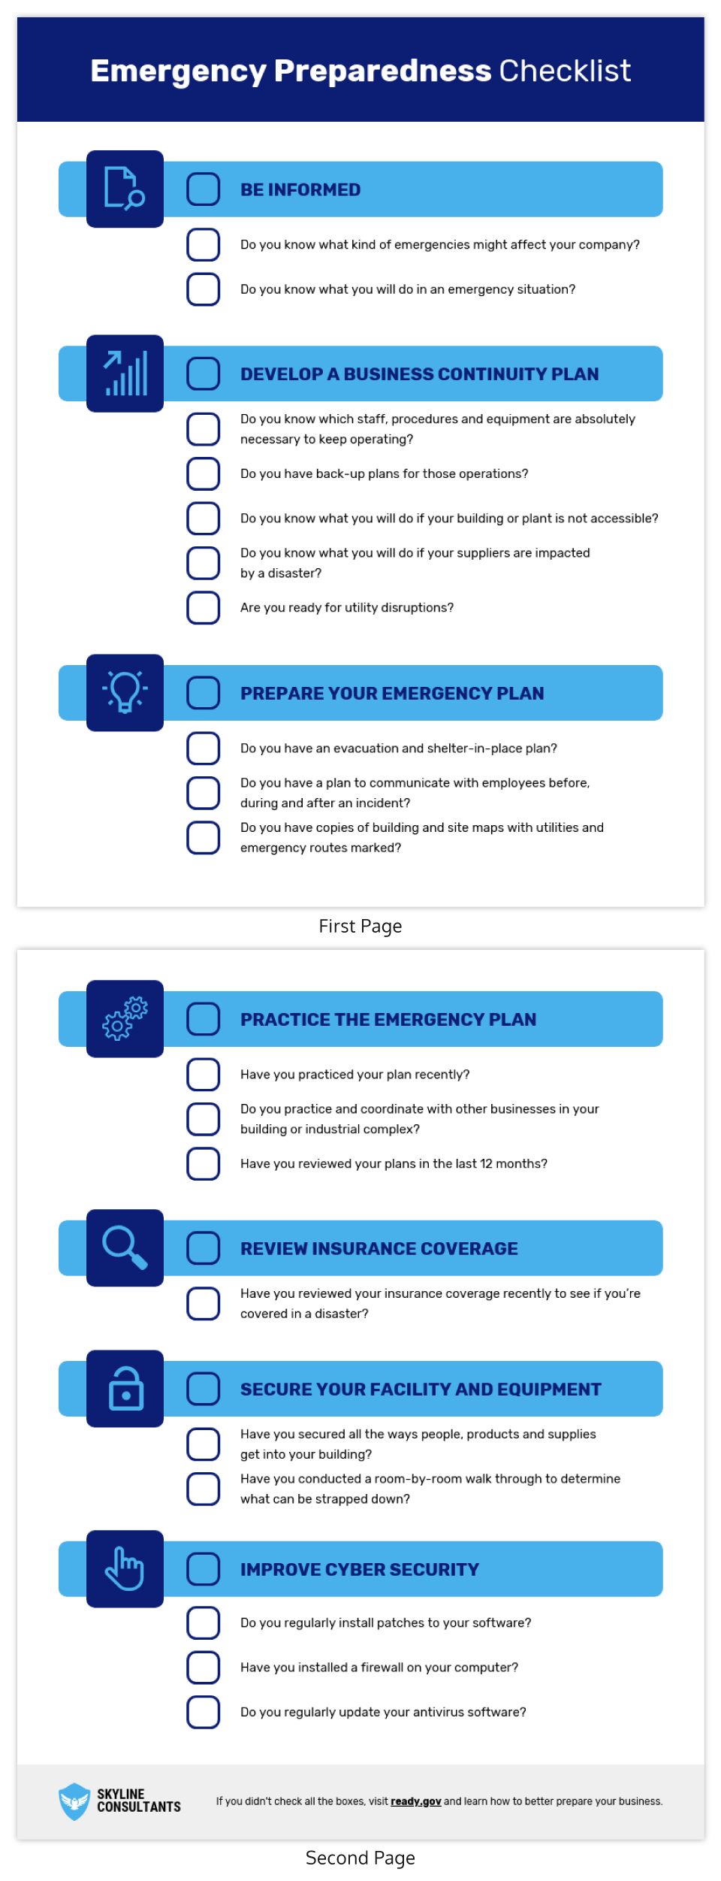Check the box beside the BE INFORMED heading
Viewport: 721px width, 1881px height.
click(x=203, y=189)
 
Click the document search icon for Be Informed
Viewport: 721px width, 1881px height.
click(x=125, y=189)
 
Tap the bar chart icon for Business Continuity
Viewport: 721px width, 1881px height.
click(x=125, y=373)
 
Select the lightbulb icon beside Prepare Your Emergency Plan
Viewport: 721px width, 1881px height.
click(x=125, y=692)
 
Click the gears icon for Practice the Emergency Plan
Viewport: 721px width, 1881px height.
click(x=125, y=1018)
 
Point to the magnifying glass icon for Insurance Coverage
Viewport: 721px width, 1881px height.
click(x=125, y=1247)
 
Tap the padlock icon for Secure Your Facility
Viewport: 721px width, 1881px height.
click(x=125, y=1389)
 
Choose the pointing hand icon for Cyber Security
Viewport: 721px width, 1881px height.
click(x=125, y=1568)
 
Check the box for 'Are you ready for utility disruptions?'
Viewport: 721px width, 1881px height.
click(x=203, y=607)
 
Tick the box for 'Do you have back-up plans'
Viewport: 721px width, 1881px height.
click(x=203, y=473)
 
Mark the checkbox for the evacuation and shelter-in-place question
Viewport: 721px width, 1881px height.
click(x=203, y=748)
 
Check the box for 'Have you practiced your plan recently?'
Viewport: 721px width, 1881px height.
click(x=203, y=1074)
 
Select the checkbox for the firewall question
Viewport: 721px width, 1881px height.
click(x=203, y=1667)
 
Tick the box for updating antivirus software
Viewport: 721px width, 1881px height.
click(x=203, y=1711)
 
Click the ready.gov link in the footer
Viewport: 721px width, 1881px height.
click(x=415, y=1801)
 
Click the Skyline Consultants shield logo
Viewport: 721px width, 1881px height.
click(x=74, y=1801)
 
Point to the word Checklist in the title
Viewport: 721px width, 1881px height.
click(x=565, y=71)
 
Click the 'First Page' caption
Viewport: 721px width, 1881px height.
click(x=360, y=926)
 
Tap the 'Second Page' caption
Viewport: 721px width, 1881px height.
click(x=360, y=1858)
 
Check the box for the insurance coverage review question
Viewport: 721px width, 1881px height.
click(x=203, y=1303)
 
